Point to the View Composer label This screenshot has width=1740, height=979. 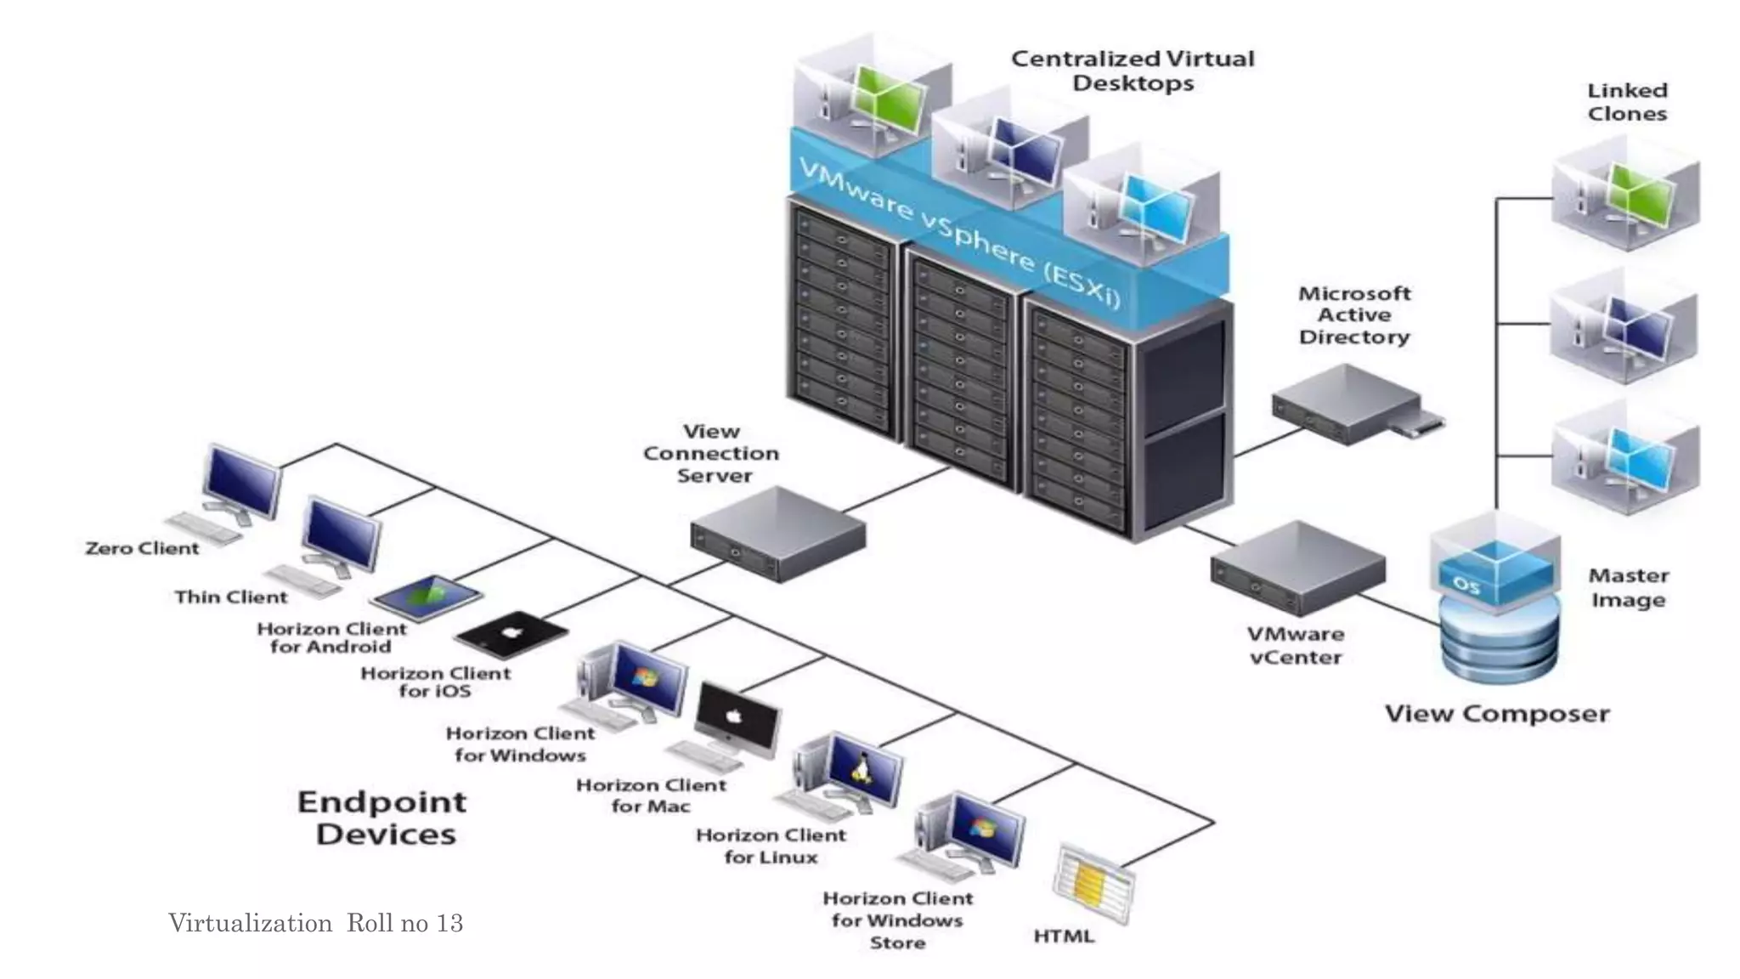click(1497, 713)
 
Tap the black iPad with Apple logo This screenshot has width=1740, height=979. click(511, 634)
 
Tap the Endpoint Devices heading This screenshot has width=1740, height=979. click(383, 818)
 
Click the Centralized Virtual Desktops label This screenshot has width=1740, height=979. click(1132, 71)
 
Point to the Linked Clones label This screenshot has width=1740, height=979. click(1626, 102)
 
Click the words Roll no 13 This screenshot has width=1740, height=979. click(404, 923)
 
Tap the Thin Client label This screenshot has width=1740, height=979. click(231, 597)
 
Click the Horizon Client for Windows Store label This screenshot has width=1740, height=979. click(897, 920)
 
